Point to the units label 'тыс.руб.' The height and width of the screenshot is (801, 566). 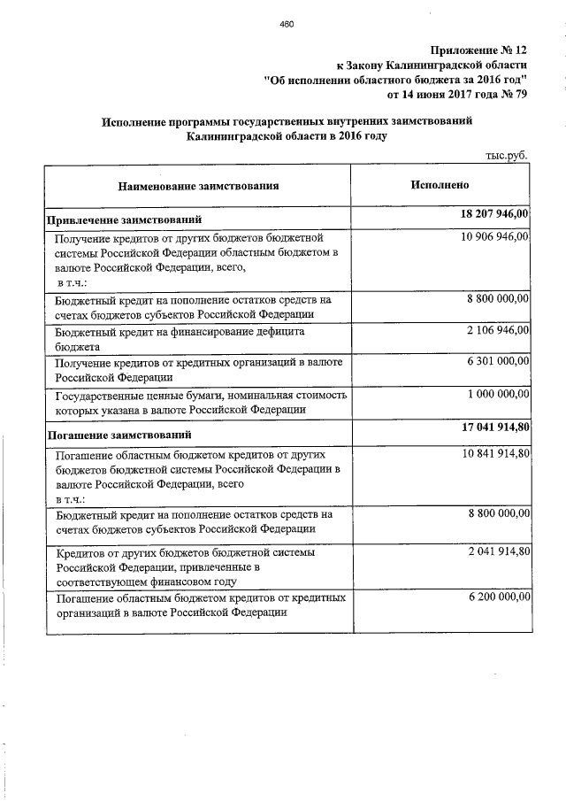click(x=506, y=156)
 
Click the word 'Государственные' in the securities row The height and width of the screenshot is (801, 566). click(x=98, y=395)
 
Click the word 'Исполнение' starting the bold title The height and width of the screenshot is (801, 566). click(x=139, y=120)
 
